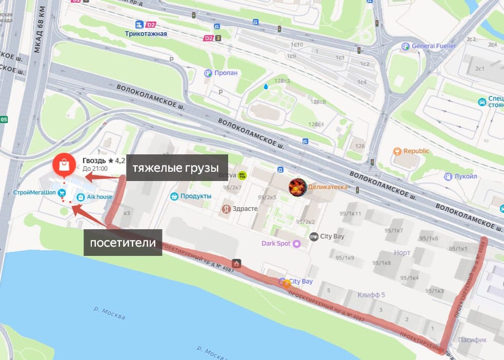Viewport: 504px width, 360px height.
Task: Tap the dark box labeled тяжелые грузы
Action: pos(176,168)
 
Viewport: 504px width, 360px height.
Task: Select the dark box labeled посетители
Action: pos(123,242)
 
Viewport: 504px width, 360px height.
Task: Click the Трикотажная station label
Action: pos(146,34)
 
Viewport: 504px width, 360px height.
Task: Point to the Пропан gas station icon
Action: pos(208,73)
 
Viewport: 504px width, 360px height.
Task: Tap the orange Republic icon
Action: pos(397,151)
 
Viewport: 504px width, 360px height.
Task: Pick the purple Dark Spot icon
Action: pos(296,244)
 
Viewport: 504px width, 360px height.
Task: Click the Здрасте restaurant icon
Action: pos(226,209)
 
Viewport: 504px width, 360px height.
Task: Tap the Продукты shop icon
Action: pos(174,196)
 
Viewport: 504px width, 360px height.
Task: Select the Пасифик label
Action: pos(473,339)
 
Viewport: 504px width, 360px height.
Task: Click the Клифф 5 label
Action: pos(372,294)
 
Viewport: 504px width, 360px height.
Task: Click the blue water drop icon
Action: pos(266,87)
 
